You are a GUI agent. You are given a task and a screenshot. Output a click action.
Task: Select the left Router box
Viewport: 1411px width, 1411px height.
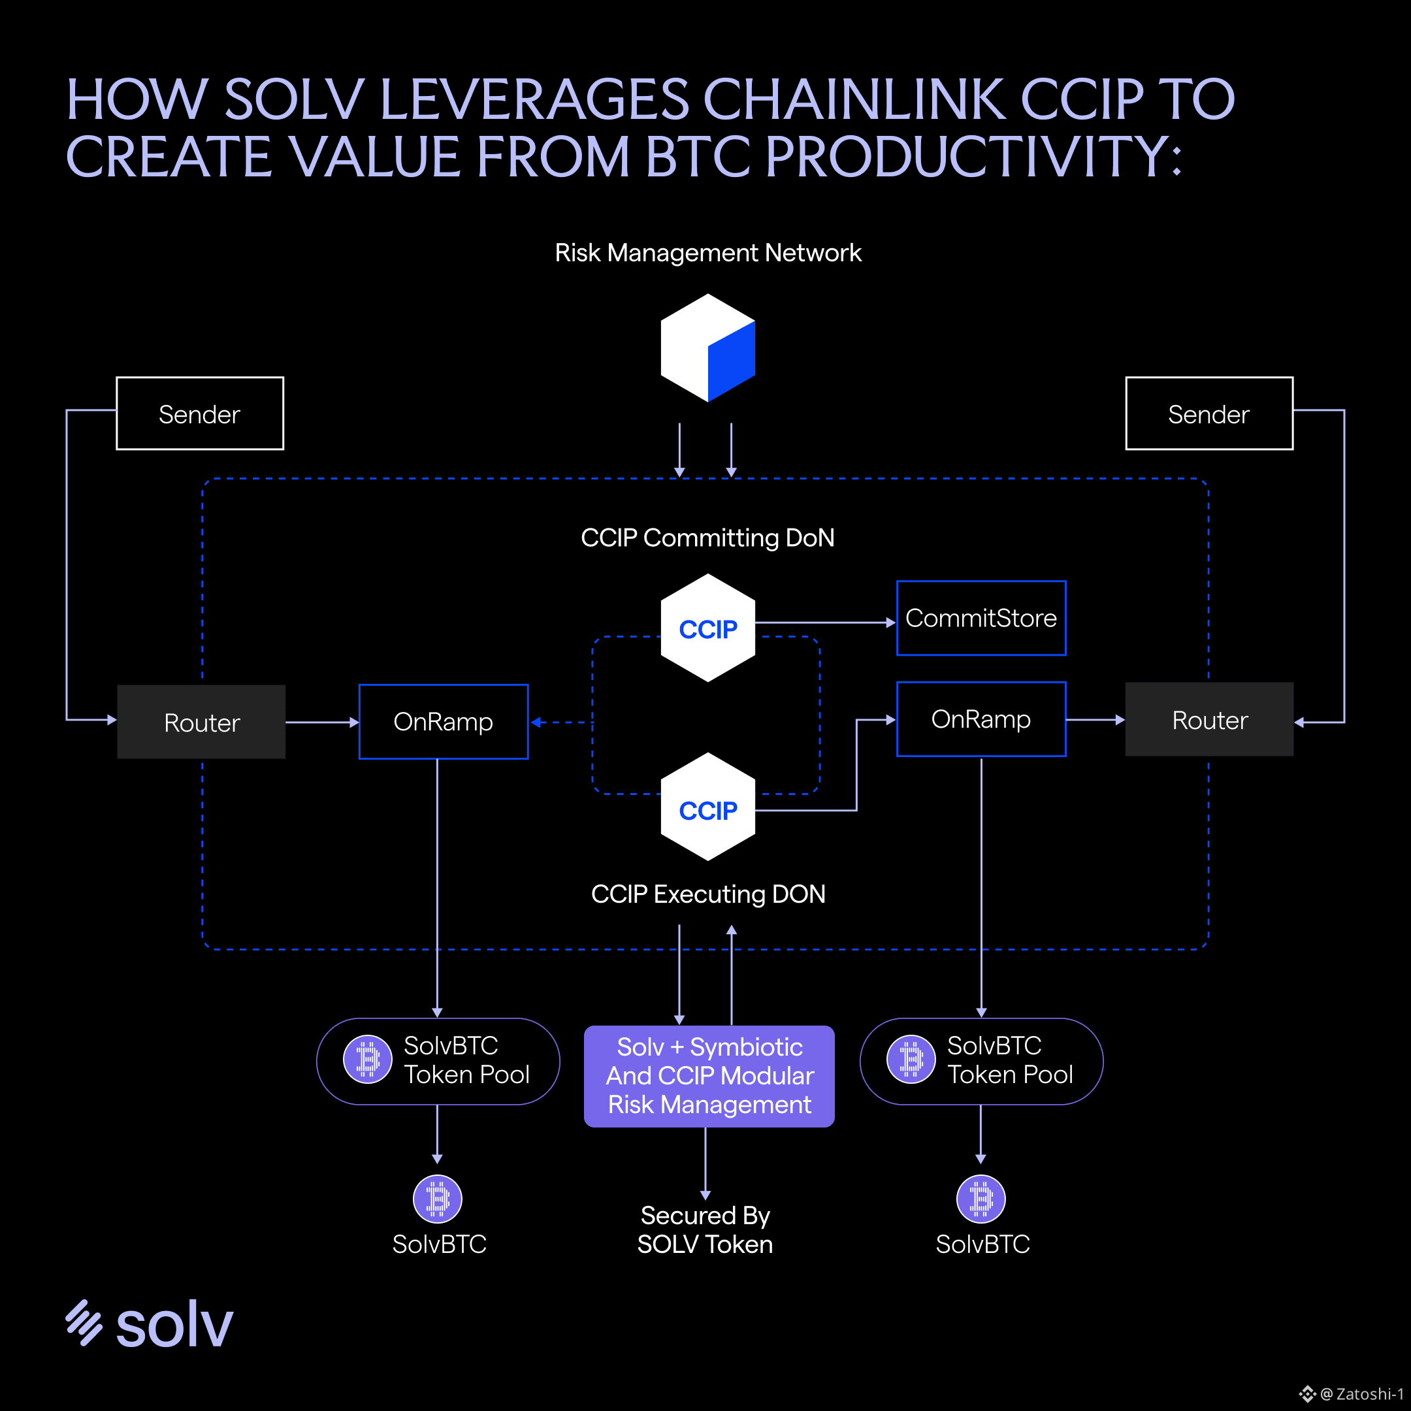coord(202,722)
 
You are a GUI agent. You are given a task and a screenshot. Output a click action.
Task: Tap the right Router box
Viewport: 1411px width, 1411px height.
coord(1209,719)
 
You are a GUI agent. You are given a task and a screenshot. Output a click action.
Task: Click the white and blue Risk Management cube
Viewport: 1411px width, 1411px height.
coord(707,348)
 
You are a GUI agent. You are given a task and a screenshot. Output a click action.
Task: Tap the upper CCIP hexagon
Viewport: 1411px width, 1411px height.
coord(707,628)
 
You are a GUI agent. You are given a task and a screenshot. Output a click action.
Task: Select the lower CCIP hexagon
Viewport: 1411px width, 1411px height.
coord(707,807)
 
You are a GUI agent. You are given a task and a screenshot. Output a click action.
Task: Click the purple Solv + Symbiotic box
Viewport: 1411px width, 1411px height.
coord(709,1076)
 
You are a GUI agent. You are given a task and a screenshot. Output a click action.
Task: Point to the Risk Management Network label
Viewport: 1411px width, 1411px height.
coord(707,253)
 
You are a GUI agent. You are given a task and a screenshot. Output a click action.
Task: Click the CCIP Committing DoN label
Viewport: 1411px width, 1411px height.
coord(707,538)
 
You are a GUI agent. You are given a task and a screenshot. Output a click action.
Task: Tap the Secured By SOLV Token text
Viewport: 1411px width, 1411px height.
coord(705,1230)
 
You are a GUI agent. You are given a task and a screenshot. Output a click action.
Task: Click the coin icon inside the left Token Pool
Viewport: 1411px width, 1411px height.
coord(367,1059)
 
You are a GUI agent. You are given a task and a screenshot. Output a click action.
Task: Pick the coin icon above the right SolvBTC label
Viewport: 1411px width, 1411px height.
coord(981,1199)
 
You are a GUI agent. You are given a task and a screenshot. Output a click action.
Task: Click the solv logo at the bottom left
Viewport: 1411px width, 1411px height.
coord(149,1323)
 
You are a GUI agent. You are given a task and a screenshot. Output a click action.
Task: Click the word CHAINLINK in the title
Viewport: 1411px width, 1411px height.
coord(854,99)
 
